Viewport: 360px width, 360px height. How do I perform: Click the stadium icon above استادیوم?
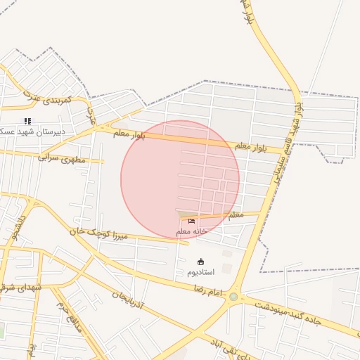pyautogui.click(x=200, y=262)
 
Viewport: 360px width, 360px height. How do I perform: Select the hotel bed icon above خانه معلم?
pyautogui.click(x=191, y=221)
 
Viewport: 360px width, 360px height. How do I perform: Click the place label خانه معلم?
pyautogui.click(x=192, y=231)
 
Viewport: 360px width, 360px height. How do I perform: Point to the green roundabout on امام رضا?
pyautogui.click(x=233, y=297)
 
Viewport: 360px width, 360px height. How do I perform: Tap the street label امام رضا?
pyautogui.click(x=208, y=290)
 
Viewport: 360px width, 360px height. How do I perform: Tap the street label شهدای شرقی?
pyautogui.click(x=21, y=288)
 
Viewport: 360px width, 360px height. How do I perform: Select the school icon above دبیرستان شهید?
pyautogui.click(x=28, y=121)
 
